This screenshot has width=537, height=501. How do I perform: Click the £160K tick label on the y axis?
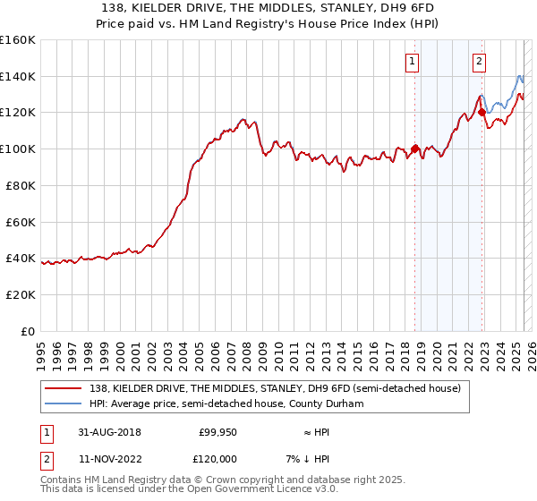click(x=18, y=40)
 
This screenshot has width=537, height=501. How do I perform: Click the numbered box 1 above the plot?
click(x=412, y=62)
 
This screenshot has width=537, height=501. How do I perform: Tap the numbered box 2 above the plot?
click(x=480, y=62)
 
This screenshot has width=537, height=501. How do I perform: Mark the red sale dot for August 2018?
click(x=414, y=149)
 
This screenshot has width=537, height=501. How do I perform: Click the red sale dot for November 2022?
click(x=482, y=113)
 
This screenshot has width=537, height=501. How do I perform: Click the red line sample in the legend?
click(x=64, y=388)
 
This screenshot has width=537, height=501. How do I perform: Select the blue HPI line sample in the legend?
click(x=64, y=403)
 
